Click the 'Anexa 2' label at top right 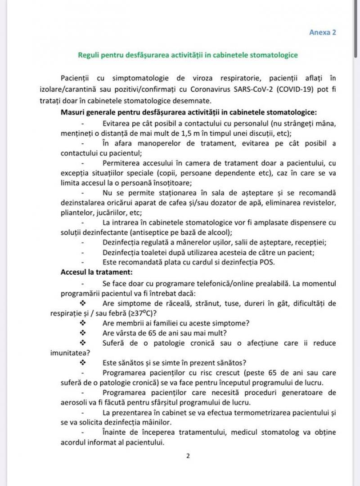[323, 32]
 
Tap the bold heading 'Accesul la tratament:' [97, 272]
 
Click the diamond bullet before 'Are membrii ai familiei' [83, 323]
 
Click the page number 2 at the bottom [188, 456]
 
